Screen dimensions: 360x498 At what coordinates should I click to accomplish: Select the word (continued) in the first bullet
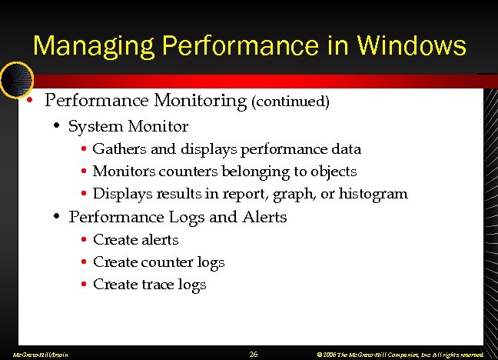pyautogui.click(x=290, y=102)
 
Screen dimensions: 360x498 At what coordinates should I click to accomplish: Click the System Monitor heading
pyautogui.click(x=128, y=126)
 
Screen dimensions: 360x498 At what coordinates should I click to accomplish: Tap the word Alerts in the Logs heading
pyautogui.click(x=264, y=217)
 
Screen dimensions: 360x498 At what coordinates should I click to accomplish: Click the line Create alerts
pyautogui.click(x=135, y=239)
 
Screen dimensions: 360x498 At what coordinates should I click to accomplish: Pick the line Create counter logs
pyautogui.click(x=158, y=262)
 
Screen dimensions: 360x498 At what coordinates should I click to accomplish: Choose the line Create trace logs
pyautogui.click(x=149, y=285)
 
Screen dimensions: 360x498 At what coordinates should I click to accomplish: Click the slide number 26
pyautogui.click(x=254, y=354)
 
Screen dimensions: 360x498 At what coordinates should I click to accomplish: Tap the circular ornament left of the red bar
pyautogui.click(x=15, y=78)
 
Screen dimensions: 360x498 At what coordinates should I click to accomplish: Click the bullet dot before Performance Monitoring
pyautogui.click(x=28, y=102)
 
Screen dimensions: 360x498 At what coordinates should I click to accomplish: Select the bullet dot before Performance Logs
pyautogui.click(x=57, y=218)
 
